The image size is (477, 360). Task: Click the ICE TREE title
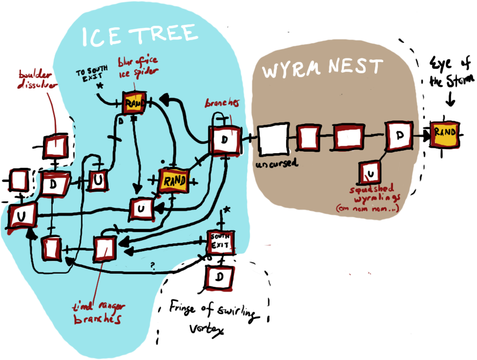tap(140, 35)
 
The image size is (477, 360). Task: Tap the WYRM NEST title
tap(322, 69)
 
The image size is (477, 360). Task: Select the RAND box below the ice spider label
tap(133, 103)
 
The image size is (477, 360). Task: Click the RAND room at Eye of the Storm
tap(445, 133)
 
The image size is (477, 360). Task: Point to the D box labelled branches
tap(225, 140)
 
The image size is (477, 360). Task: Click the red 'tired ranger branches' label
tap(97, 313)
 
